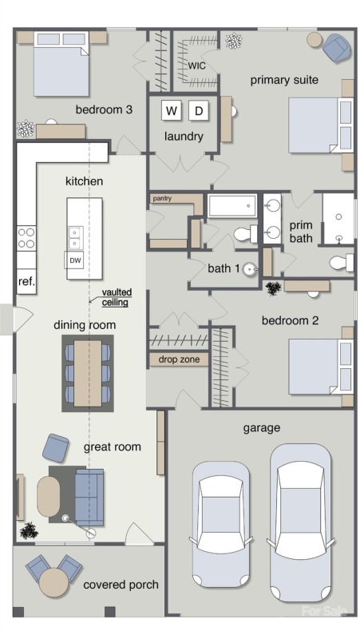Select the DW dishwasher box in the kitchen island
pos(75,260)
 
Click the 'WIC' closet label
pos(198,65)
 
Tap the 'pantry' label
pos(162,196)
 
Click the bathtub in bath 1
pos(232,206)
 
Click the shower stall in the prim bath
pos(338,217)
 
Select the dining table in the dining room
pos(88,372)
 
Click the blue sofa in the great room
pos(89,497)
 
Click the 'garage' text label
pos(261,428)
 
